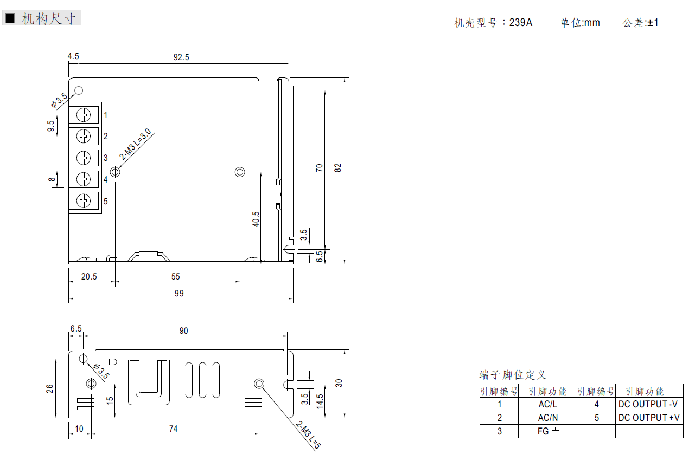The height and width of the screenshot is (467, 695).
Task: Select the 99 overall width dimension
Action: pyautogui.click(x=179, y=294)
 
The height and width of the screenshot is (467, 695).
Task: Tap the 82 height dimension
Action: pyautogui.click(x=338, y=167)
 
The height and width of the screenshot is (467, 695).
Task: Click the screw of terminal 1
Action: pyautogui.click(x=84, y=115)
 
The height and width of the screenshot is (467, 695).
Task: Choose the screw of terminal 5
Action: pyautogui.click(x=84, y=201)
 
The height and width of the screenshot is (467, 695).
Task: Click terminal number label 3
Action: pyautogui.click(x=106, y=158)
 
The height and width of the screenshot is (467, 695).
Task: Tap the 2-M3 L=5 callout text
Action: pyautogui.click(x=308, y=435)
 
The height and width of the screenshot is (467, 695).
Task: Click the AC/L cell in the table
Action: pyautogui.click(x=547, y=404)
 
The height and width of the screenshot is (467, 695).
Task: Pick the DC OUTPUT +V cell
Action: pyautogui.click(x=649, y=418)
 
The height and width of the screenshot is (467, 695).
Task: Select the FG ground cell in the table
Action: pyautogui.click(x=548, y=431)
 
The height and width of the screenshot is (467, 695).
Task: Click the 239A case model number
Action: pyautogui.click(x=521, y=23)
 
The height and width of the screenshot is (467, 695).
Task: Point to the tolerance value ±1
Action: pyautogui.click(x=653, y=23)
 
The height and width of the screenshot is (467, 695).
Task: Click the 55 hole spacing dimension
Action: pyautogui.click(x=175, y=276)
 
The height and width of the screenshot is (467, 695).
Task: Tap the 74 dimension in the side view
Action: pyautogui.click(x=174, y=429)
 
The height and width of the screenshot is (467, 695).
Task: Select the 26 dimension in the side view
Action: pyautogui.click(x=49, y=388)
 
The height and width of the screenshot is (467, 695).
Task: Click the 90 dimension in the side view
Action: pyautogui.click(x=183, y=330)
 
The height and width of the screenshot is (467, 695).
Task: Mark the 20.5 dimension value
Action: pyautogui.click(x=89, y=276)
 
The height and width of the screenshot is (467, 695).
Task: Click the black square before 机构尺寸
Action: pyautogui.click(x=10, y=18)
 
